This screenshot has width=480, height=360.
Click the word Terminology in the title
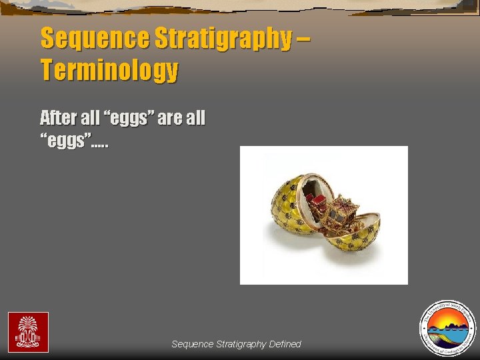109,69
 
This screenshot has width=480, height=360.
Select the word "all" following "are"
196,118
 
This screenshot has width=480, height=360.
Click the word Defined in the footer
285,344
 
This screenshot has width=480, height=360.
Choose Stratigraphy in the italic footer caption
241,344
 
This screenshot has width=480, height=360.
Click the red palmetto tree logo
28,332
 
